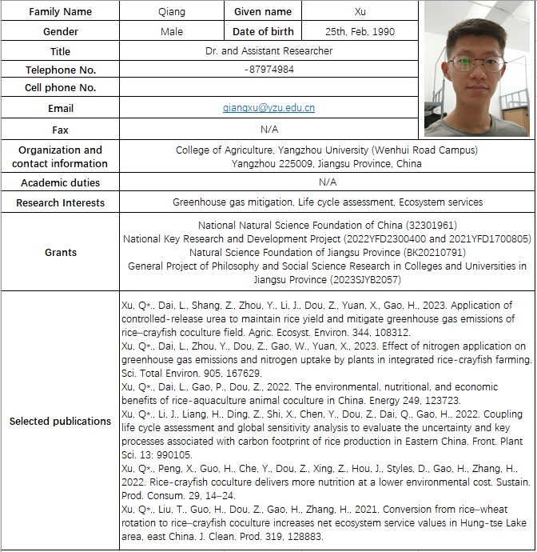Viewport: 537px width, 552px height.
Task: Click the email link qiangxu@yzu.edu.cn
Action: (268, 107)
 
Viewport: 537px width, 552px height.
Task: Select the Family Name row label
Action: (60, 12)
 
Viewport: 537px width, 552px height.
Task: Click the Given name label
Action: (263, 12)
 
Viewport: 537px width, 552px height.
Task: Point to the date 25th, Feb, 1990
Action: (360, 32)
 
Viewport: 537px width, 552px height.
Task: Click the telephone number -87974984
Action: (268, 70)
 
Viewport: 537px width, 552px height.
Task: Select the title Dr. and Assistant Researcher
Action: (268, 51)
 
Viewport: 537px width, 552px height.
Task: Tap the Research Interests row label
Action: (60, 203)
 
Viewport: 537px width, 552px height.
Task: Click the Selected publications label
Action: (60, 421)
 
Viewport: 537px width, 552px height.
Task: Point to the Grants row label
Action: (60, 253)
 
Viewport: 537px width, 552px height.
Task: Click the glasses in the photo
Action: (477, 62)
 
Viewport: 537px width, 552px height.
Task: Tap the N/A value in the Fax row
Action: (268, 130)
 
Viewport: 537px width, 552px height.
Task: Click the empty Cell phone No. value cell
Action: (268, 88)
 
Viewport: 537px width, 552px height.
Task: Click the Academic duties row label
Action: (60, 182)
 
